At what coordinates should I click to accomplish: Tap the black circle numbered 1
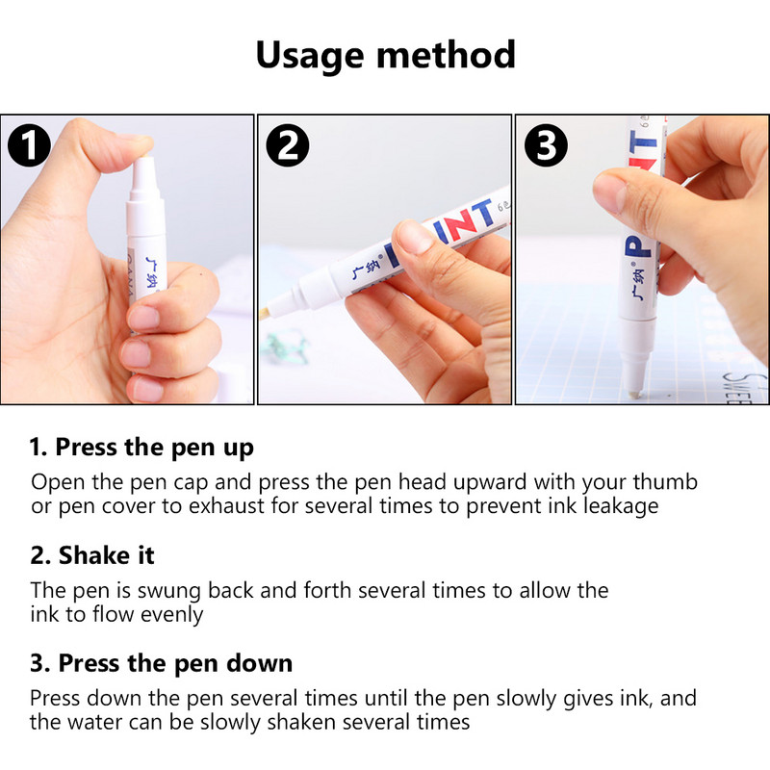29,146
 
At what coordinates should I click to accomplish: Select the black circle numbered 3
546,146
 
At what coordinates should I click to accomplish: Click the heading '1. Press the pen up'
141,447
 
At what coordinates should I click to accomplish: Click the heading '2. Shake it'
91,555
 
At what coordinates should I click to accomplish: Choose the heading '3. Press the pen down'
161,664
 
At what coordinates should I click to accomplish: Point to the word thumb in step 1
664,481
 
